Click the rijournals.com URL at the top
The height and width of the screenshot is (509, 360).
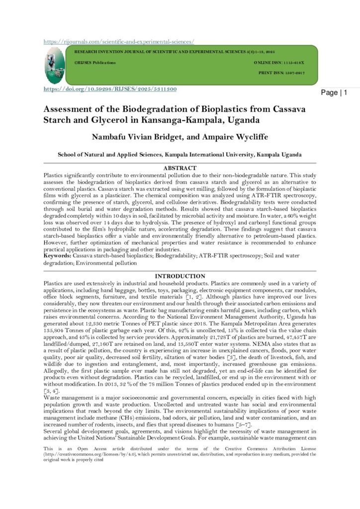point(118,42)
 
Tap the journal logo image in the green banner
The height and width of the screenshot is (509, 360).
point(55,65)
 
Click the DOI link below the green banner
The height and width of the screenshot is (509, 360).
point(110,89)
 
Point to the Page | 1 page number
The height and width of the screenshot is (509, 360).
point(334,93)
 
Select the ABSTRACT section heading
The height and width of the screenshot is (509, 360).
point(180,169)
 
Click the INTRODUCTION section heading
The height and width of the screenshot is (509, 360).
point(180,276)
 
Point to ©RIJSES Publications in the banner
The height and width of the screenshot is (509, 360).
point(95,63)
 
